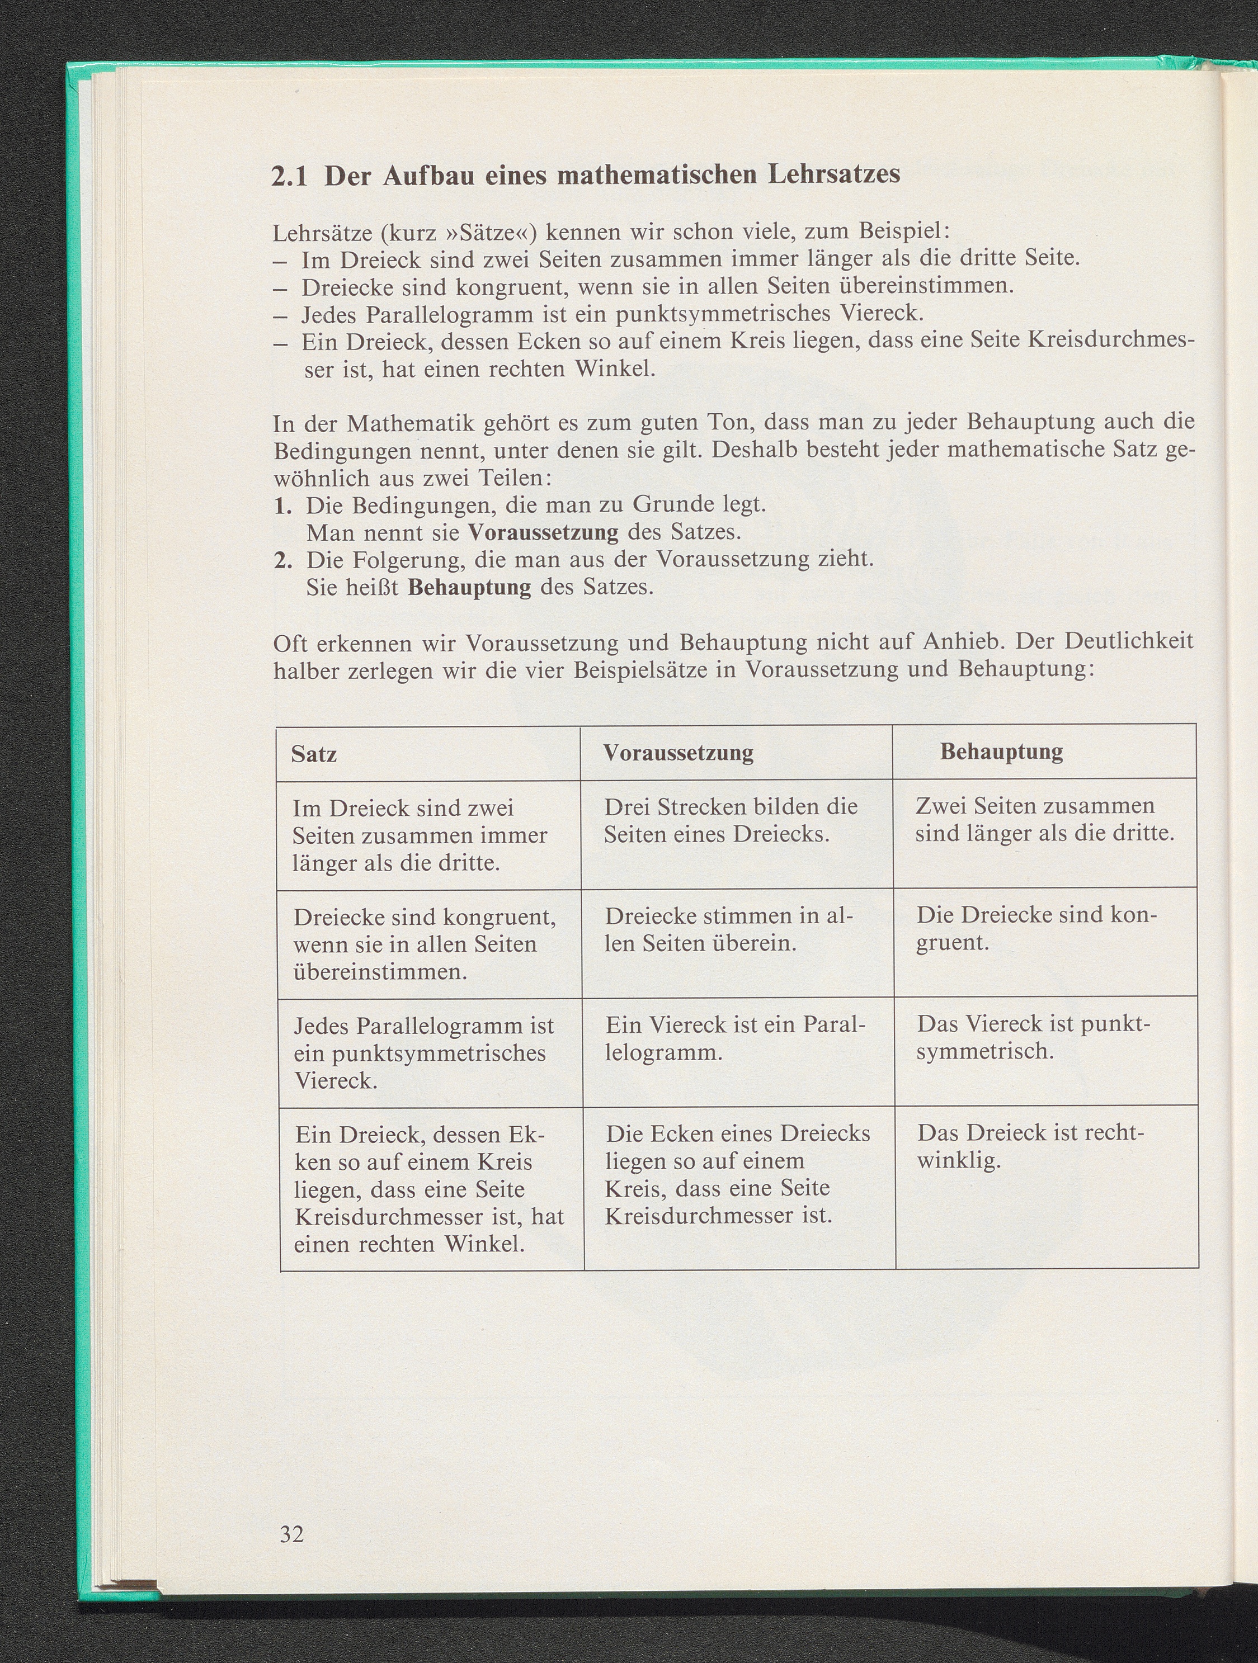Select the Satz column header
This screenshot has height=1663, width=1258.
pyautogui.click(x=314, y=753)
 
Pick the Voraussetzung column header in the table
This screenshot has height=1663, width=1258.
pyautogui.click(x=679, y=753)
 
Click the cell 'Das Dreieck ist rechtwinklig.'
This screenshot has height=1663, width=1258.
pyautogui.click(x=1030, y=1146)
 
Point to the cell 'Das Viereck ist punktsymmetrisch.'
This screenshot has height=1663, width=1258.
pyautogui.click(x=1033, y=1037)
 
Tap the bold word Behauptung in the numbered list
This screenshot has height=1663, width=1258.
pyautogui.click(x=469, y=587)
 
